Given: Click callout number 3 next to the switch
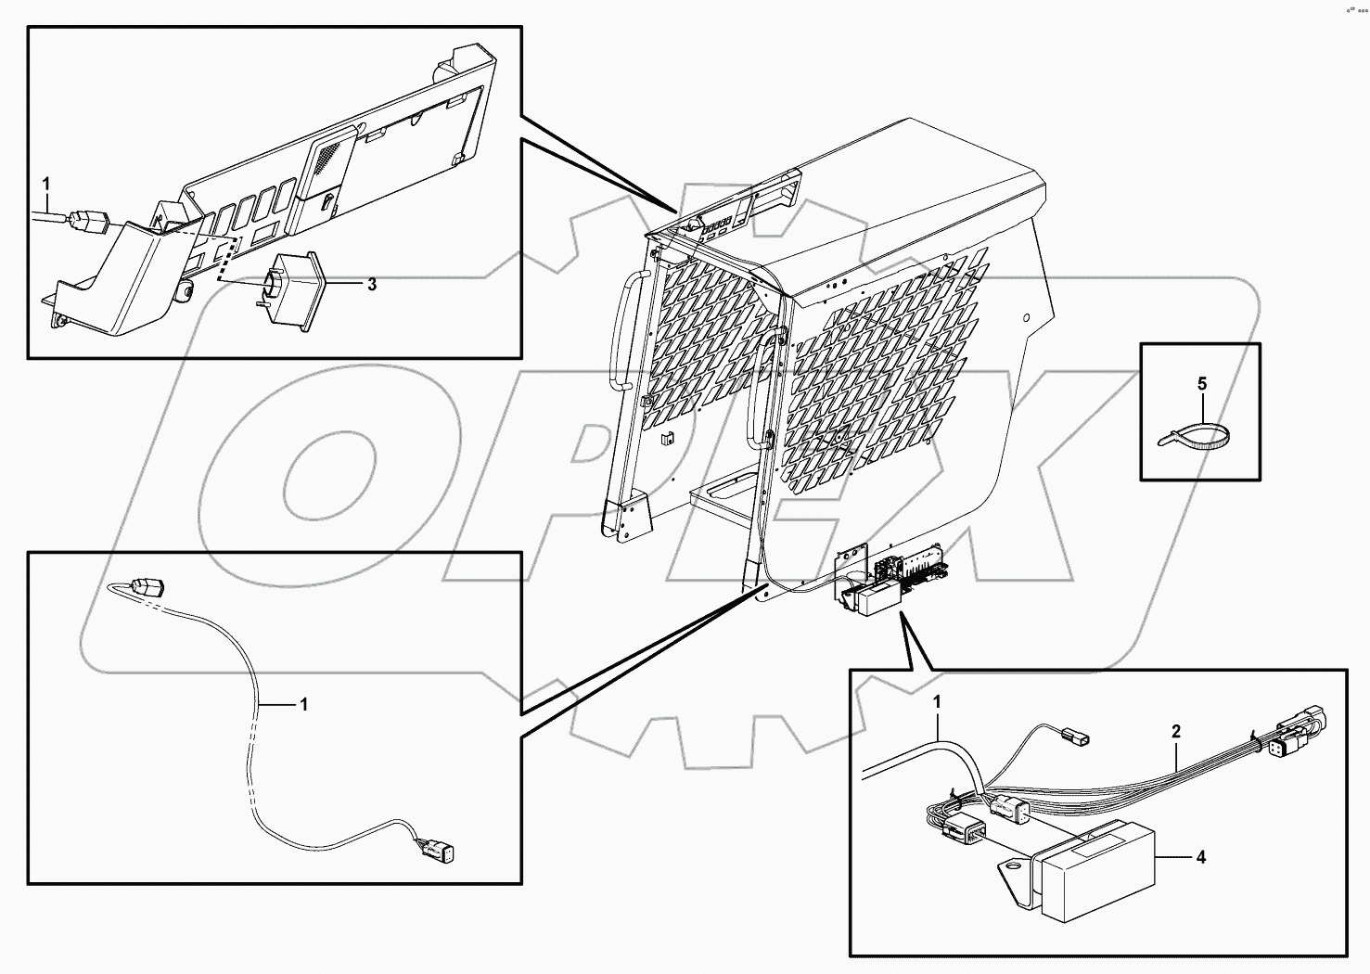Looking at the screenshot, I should click(x=371, y=285).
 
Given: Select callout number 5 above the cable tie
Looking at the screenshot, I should click(x=1202, y=383).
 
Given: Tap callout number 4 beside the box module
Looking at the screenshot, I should click(x=1200, y=858).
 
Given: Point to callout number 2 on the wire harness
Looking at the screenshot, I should click(x=1175, y=732).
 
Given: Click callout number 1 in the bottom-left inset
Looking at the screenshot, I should click(x=302, y=705).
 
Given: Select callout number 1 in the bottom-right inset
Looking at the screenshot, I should click(x=937, y=702).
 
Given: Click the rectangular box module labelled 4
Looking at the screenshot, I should click(x=1095, y=872).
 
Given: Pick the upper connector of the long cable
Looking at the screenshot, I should click(x=148, y=587).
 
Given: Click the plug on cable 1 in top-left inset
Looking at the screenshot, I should click(x=90, y=222).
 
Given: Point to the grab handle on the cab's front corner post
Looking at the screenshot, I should click(x=762, y=390).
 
